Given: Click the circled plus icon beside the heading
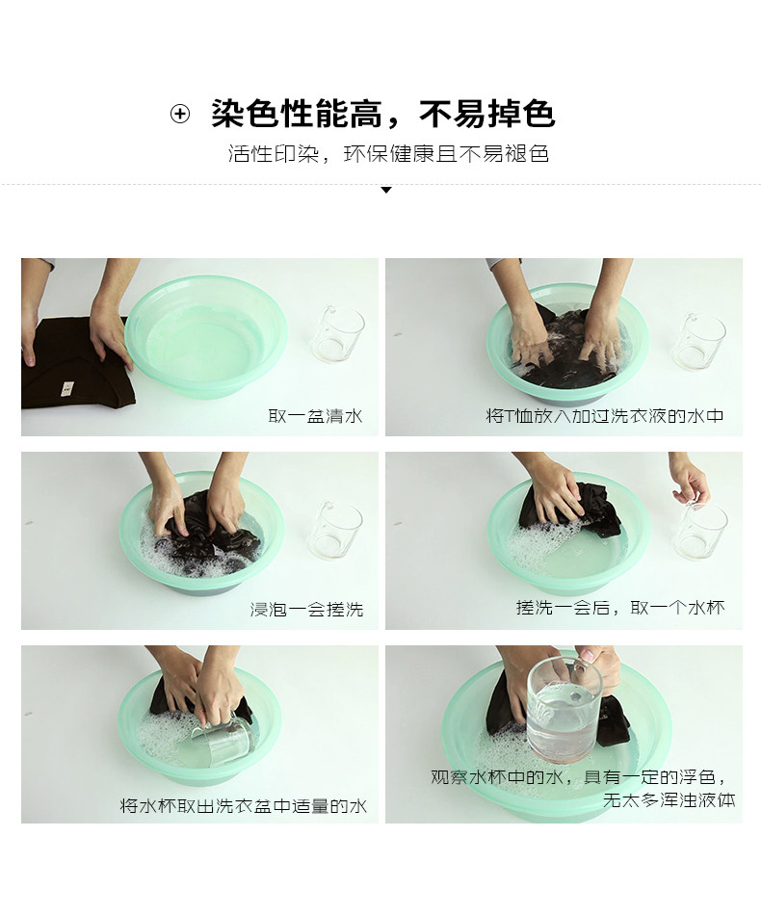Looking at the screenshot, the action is point(180,114).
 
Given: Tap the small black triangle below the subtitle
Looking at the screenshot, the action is point(385,190).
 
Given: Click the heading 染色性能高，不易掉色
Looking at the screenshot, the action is point(382,114).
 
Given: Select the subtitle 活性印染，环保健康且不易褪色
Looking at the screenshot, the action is point(388,154).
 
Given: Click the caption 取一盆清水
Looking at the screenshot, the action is point(315,416).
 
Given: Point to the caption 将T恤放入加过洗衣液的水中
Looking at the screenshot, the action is point(605,416).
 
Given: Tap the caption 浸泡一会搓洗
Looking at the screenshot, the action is point(306,610).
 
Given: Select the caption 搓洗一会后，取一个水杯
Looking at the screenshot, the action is point(620,608).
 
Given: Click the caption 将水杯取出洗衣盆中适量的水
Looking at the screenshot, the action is point(244,806).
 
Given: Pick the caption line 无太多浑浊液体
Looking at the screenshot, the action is point(669,800).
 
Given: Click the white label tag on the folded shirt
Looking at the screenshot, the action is point(67,387).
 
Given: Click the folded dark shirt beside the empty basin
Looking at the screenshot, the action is point(76,362).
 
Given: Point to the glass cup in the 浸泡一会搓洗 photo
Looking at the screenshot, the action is point(335,530).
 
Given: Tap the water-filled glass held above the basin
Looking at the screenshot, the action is point(564,709).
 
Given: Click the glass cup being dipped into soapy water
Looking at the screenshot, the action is point(222,738).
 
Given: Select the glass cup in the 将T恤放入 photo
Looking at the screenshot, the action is point(699,340).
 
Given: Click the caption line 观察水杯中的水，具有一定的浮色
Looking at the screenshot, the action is point(578,777).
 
